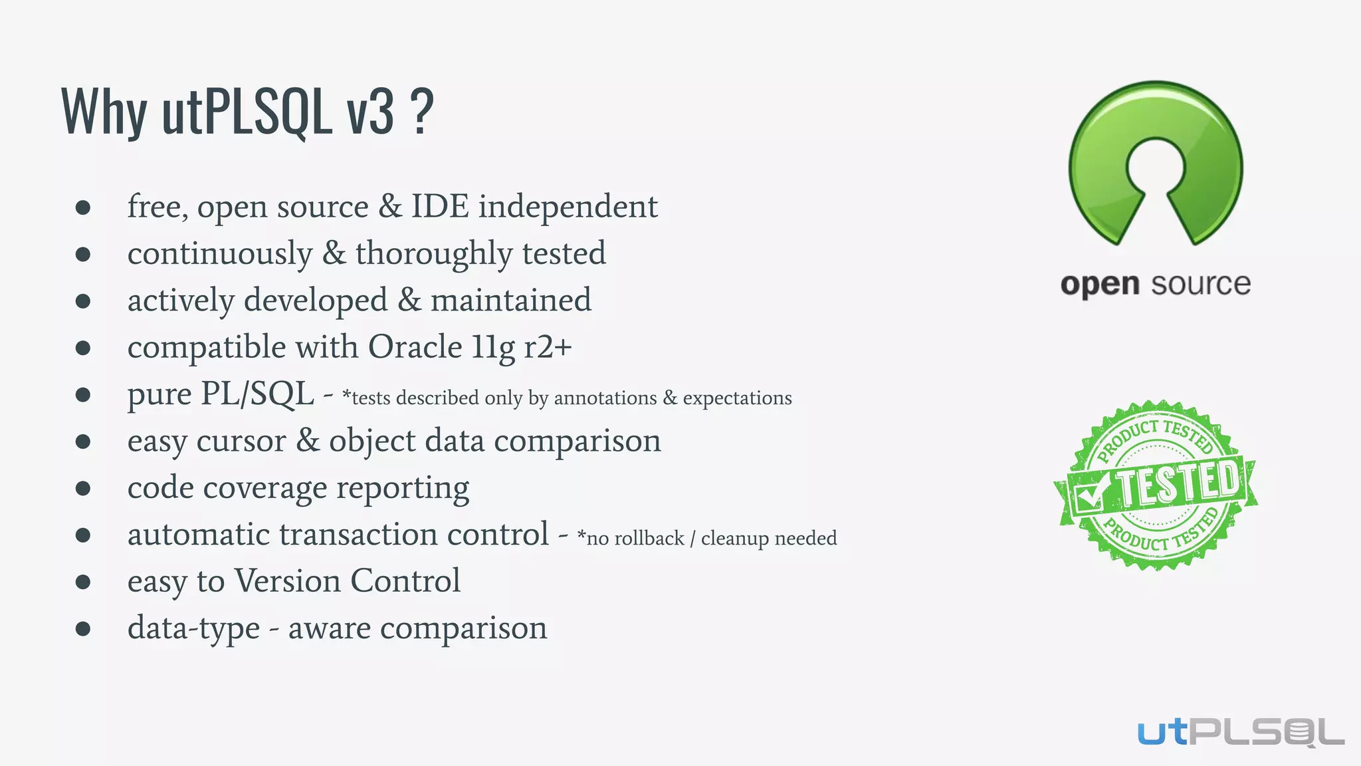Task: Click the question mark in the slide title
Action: pyautogui.click(x=421, y=112)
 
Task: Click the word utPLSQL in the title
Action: pyautogui.click(x=247, y=112)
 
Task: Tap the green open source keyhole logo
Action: pyautogui.click(x=1156, y=162)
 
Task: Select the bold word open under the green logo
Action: pyautogui.click(x=1100, y=285)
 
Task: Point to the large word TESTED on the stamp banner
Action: pyautogui.click(x=1179, y=483)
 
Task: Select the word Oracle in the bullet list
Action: pyautogui.click(x=415, y=347)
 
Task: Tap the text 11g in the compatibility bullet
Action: pyautogui.click(x=492, y=347)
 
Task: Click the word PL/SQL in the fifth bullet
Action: pyautogui.click(x=257, y=394)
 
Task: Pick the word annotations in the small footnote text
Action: pyautogui.click(x=605, y=398)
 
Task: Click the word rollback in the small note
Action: pyautogui.click(x=649, y=538)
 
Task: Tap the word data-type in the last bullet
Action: pyautogui.click(x=193, y=628)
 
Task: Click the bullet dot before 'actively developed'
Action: pyautogui.click(x=83, y=301)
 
